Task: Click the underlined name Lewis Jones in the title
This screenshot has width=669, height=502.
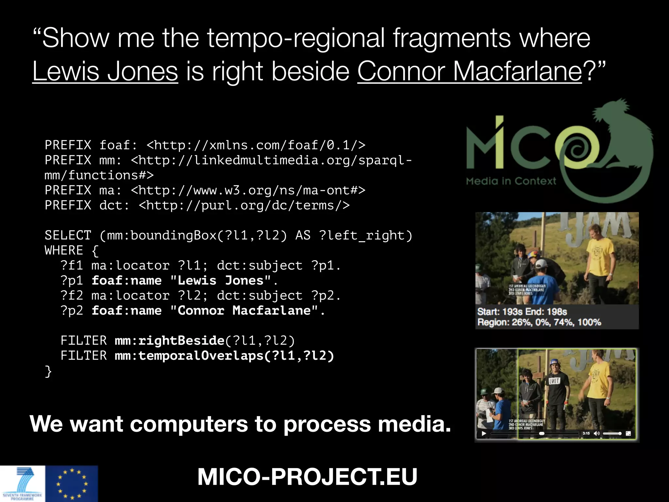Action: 105,71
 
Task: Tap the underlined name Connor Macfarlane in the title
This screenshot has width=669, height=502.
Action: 469,71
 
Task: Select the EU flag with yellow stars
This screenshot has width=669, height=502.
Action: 72,484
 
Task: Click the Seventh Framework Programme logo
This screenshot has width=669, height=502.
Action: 23,484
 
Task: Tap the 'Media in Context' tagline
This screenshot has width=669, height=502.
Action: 511,181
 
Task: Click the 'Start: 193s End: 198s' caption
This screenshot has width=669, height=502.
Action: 522,311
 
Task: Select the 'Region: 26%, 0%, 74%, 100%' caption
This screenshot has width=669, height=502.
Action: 539,322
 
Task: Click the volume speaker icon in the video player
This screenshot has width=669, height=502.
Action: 596,433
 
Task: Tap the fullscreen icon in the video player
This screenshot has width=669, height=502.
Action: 628,433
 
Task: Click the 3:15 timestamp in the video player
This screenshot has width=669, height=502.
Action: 586,433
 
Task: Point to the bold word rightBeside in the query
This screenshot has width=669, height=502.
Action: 181,341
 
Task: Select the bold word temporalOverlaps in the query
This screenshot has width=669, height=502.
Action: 201,356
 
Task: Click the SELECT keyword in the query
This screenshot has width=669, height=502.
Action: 68,235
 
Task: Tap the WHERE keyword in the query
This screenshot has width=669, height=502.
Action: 64,250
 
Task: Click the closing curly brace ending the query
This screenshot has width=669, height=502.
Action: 48,371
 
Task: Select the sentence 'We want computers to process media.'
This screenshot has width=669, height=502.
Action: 240,424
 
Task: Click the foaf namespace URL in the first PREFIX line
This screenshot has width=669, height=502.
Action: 256,145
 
